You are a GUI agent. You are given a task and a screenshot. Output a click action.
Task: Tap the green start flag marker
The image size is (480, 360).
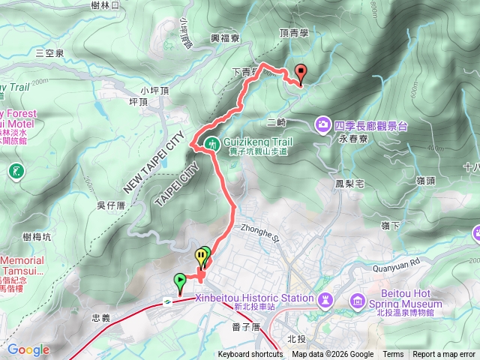tap(180, 281)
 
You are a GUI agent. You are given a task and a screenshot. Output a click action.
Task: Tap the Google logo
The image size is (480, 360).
tap(28, 349)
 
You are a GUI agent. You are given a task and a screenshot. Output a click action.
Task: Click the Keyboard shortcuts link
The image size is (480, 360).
tap(250, 355)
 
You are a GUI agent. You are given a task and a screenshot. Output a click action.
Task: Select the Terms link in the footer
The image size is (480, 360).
tap(393, 355)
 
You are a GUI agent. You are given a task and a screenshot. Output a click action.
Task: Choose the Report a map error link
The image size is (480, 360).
tap(444, 355)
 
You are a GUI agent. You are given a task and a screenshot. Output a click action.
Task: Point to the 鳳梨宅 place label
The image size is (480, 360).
tap(349, 183)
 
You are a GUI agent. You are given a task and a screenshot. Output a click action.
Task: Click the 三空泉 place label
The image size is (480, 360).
tap(49, 52)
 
